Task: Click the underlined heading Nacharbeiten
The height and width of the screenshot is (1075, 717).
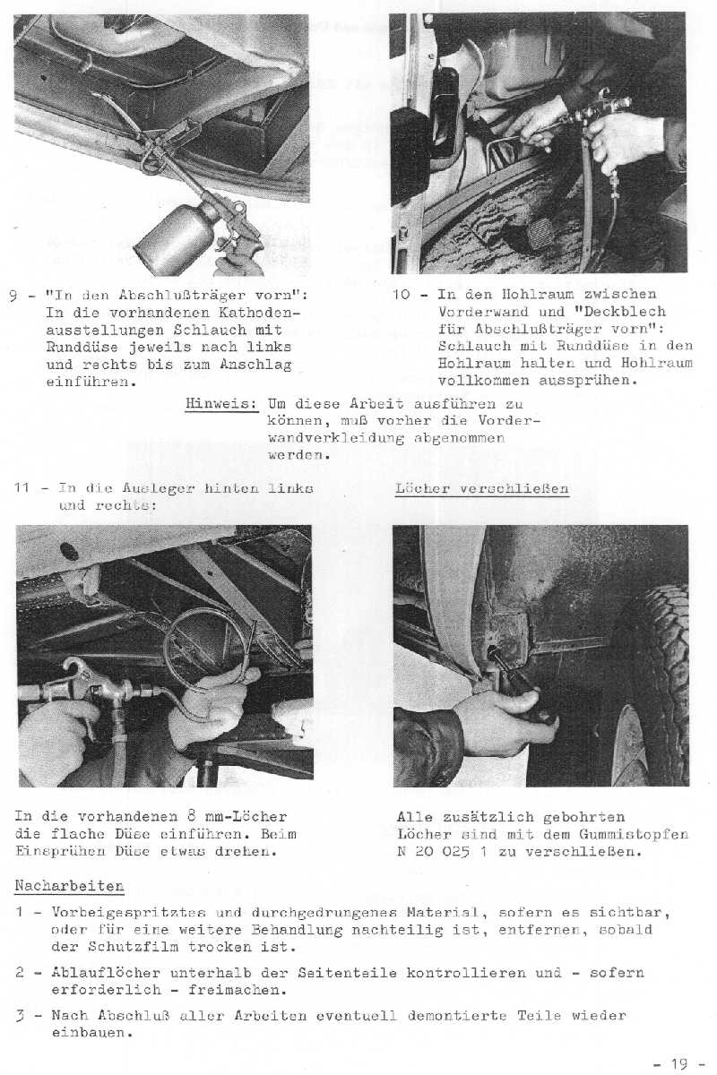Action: (x=69, y=886)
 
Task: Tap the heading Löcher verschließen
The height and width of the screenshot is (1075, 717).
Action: (x=481, y=489)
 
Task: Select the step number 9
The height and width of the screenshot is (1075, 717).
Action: (x=21, y=295)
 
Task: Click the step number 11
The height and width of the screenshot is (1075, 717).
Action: (x=24, y=489)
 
